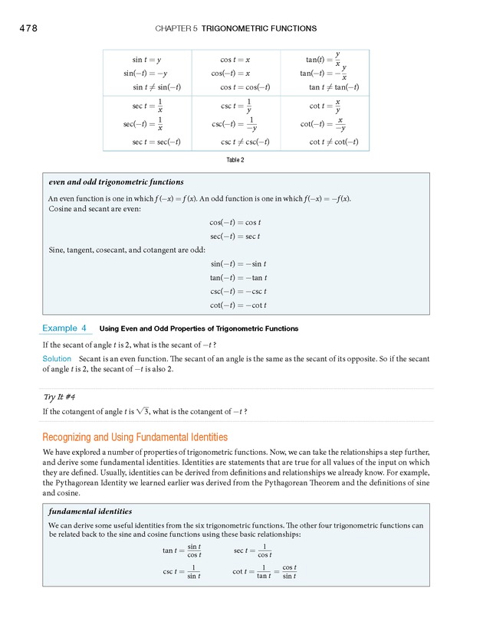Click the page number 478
point(25,28)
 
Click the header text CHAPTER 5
point(176,28)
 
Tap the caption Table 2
point(235,160)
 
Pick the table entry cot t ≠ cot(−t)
point(333,142)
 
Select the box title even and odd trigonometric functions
point(116,182)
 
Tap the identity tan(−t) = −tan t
point(238,278)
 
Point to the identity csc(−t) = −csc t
point(238,292)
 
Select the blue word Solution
point(58,359)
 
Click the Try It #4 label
point(59,397)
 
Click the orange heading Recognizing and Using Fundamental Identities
point(135,437)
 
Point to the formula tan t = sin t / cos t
point(182,550)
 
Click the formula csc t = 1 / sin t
point(182,572)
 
